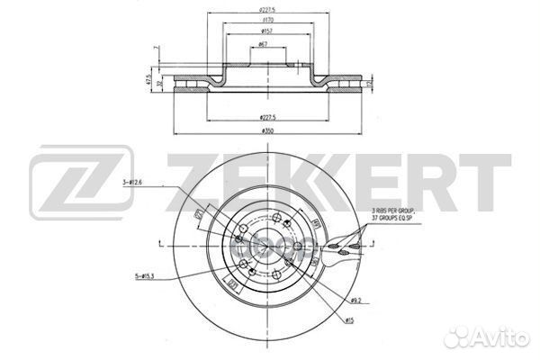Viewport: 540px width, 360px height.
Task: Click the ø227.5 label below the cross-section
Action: [267, 117]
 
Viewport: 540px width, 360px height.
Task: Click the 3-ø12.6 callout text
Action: [132, 184]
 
